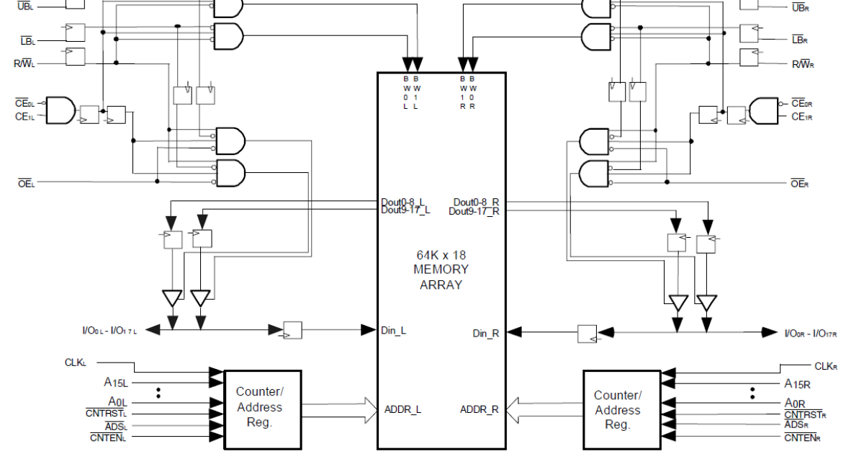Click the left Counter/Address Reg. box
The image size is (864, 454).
(260, 407)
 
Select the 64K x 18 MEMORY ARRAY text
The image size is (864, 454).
(441, 270)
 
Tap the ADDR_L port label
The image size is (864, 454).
(402, 409)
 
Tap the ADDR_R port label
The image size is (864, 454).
(480, 409)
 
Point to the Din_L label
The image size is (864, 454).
(393, 331)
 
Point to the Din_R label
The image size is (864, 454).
(486, 333)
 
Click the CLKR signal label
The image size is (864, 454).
(825, 366)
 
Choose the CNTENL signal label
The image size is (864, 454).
(109, 437)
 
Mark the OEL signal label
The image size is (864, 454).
(27, 184)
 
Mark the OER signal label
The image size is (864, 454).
(800, 184)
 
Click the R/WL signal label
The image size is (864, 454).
(24, 63)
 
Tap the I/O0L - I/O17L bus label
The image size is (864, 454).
(109, 331)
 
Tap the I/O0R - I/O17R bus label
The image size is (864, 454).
(810, 333)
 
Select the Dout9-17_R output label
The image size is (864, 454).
(474, 211)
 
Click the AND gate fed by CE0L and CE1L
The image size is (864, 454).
(60, 110)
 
